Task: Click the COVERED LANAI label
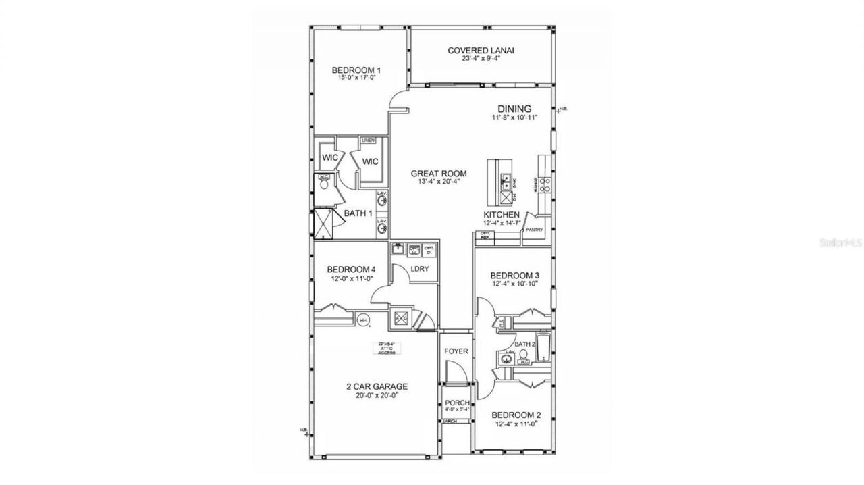click(x=477, y=51)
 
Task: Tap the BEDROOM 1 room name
click(x=356, y=70)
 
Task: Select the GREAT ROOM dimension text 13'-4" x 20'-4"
click(x=439, y=182)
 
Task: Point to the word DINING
click(x=514, y=109)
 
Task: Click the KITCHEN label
click(x=501, y=214)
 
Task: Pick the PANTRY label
click(x=534, y=230)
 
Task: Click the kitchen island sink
click(x=504, y=181)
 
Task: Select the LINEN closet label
click(x=368, y=141)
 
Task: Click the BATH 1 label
click(x=358, y=213)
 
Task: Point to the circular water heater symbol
click(x=364, y=320)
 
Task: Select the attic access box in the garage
click(x=387, y=349)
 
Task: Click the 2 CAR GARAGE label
click(x=377, y=387)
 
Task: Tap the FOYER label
click(x=456, y=351)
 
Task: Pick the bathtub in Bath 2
click(x=543, y=344)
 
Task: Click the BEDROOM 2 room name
click(x=515, y=415)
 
